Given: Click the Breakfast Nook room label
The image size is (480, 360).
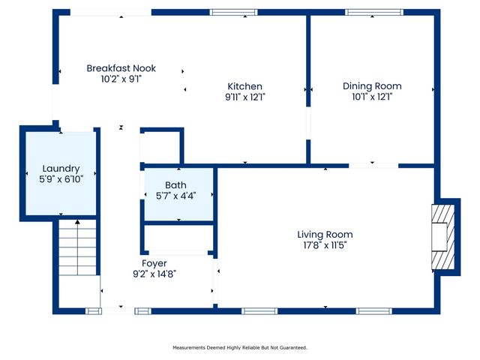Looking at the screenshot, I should pos(121,67).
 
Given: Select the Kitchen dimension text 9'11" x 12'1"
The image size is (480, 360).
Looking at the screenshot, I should pos(244,97).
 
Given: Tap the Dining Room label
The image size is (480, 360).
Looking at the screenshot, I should pos(372,86).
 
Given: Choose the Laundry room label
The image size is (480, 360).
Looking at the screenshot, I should pos(61,169).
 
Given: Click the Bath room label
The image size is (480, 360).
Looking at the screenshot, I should pos(176,185).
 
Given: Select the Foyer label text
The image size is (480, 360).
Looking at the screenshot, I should pos(154,263).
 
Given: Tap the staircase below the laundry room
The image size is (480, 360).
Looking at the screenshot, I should pos(77,247).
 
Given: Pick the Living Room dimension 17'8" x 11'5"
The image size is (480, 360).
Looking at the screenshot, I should pos(325,245).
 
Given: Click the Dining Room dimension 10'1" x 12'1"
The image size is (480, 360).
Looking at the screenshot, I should pos(372,97).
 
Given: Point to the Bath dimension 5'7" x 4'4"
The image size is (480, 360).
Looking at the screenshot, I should pos(176,196).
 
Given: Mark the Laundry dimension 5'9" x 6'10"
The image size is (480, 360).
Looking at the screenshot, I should pos(61,179).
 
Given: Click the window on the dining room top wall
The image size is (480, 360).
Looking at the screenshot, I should pos(373,13).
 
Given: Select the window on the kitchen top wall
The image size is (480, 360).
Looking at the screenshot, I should pos(233,13).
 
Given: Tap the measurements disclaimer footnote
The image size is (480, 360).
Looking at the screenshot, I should pos(240,347).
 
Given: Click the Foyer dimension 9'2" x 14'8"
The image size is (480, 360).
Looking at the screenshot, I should pos(154,274).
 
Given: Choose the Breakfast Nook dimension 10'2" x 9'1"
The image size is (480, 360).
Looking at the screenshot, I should pos(121,78).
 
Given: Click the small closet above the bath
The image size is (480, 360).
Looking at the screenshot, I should pos(161,146).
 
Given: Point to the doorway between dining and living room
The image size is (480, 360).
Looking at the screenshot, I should pos(373,165).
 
